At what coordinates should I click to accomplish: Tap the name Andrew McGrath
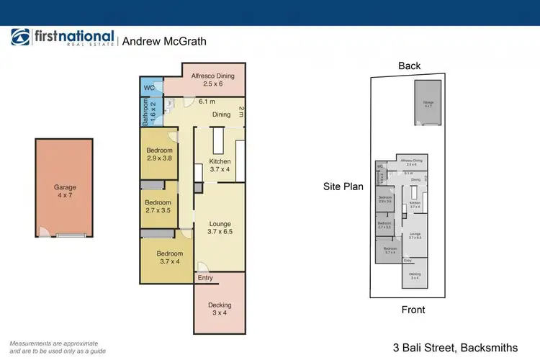[164, 41]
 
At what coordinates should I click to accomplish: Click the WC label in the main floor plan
[149, 89]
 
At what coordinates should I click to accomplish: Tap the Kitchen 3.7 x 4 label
[220, 165]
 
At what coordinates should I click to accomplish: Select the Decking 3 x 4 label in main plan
[220, 309]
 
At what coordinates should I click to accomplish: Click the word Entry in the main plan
[205, 278]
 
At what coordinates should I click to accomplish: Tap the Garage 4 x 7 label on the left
[65, 190]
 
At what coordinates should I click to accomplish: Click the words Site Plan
[343, 186]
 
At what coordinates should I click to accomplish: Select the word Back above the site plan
[409, 66]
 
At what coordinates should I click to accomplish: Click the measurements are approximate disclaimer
[54, 347]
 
